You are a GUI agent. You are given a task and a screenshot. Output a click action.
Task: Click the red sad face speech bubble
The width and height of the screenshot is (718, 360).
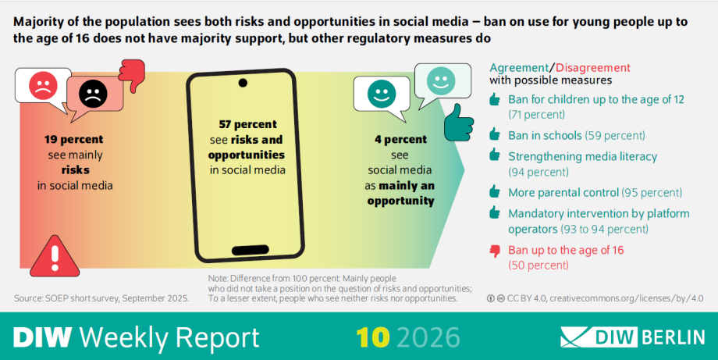coord(38,86)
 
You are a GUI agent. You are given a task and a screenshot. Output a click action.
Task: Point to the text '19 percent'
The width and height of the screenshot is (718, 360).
coord(74,140)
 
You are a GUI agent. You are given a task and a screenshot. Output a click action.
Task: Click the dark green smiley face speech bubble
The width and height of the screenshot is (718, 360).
coord(381,96)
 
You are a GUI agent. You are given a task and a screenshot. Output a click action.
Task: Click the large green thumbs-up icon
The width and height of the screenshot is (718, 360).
coord(460,121)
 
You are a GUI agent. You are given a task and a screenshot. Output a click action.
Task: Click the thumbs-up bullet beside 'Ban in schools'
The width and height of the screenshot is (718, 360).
coord(494,135)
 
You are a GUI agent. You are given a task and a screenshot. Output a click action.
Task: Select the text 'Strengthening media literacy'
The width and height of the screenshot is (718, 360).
coord(571,156)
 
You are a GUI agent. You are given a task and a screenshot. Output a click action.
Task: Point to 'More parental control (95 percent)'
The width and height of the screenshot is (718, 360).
coord(595,192)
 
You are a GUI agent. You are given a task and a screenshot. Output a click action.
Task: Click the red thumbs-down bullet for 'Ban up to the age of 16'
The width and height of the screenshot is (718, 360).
coord(494,251)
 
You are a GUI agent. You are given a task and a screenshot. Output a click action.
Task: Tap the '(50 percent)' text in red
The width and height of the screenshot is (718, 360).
coord(538,265)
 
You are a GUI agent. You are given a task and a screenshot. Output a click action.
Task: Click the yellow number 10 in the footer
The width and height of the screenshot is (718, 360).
coord(373,337)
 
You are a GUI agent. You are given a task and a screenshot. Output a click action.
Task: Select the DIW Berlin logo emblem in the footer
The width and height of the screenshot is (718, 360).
coord(581,337)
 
